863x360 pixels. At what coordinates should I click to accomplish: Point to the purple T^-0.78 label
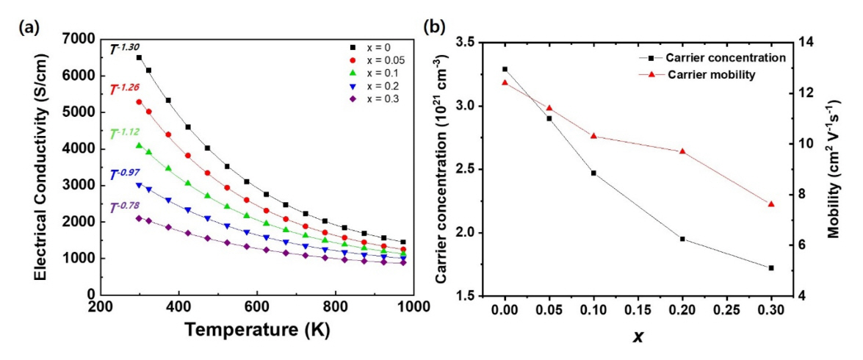pyautogui.click(x=124, y=208)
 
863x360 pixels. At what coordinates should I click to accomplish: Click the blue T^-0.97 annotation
pyautogui.click(x=124, y=174)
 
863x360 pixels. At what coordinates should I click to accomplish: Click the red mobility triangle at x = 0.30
pyautogui.click(x=771, y=204)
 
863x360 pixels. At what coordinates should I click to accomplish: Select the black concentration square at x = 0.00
pyautogui.click(x=505, y=69)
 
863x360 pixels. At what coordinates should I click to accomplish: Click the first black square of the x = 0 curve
pyautogui.click(x=139, y=57)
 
